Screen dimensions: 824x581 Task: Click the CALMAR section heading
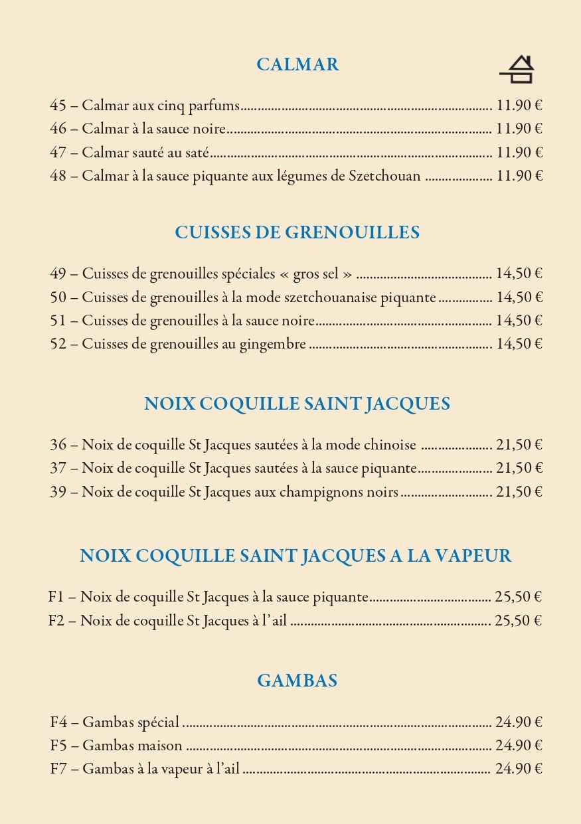point(297,64)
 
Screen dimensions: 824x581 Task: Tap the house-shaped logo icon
point(517,70)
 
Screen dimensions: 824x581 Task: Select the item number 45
point(58,106)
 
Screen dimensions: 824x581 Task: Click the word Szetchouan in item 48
point(384,176)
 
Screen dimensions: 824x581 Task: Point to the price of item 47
point(519,153)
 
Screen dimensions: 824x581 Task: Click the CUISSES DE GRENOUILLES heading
point(297,232)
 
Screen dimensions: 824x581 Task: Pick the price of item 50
point(519,297)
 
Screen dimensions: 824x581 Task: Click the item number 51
point(58,321)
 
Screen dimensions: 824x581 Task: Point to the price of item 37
point(519,468)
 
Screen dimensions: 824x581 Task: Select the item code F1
point(56,597)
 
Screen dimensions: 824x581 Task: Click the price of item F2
point(518,621)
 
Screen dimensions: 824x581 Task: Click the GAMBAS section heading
point(297,681)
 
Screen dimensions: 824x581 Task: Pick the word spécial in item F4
point(158,722)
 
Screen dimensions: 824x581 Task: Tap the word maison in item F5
point(160,746)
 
